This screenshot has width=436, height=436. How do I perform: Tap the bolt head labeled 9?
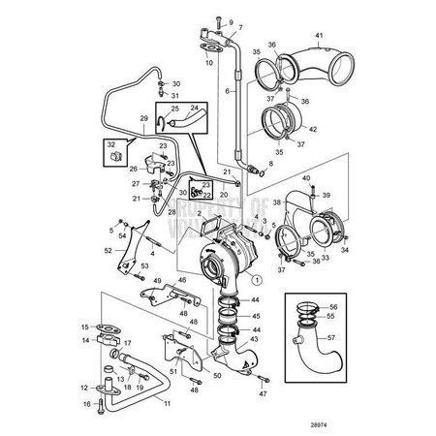coord(219,21)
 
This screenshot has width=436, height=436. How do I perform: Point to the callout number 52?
coord(107,249)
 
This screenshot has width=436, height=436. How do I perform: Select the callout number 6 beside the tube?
coord(228,89)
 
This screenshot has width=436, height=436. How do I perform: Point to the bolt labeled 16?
coord(99,403)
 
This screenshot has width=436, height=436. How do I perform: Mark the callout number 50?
coord(216,374)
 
